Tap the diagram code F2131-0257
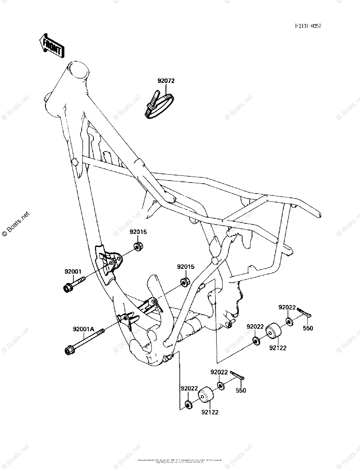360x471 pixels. point(308,26)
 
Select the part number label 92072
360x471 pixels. point(166,81)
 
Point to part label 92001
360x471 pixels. point(73,271)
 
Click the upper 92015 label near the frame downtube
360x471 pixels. point(138,232)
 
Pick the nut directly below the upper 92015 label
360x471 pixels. point(138,247)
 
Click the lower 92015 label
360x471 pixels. point(185,267)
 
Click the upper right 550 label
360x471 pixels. point(308,328)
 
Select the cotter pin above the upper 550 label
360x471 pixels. point(304,312)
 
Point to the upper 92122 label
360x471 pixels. point(277,348)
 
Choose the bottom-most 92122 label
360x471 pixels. point(210,412)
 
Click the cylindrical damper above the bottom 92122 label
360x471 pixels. point(205,396)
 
